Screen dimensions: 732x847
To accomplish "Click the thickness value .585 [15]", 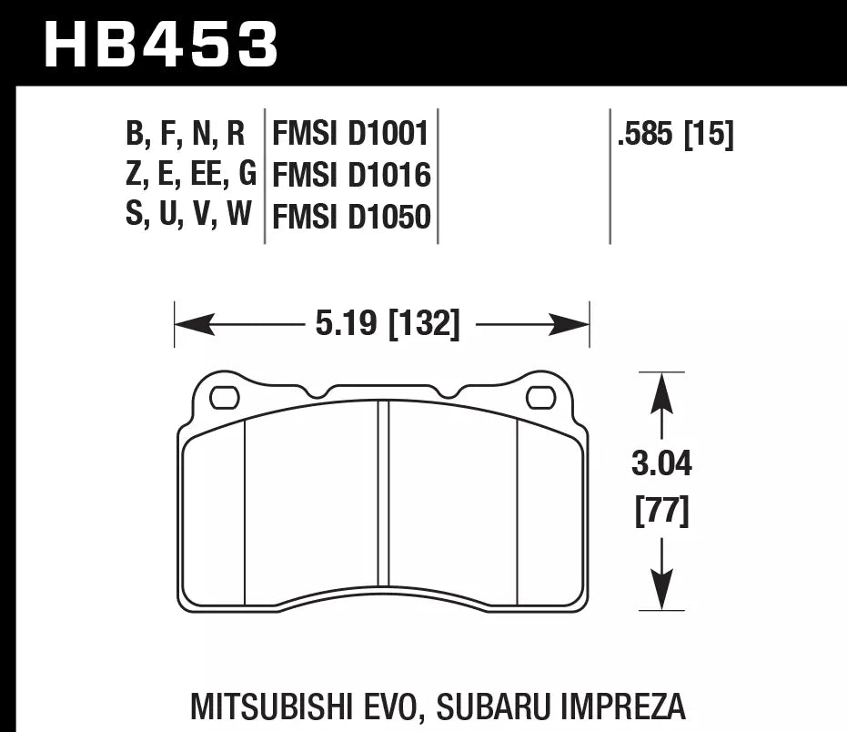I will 674,136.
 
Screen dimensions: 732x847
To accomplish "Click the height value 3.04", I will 661,465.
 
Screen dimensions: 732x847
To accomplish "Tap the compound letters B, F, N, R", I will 186,135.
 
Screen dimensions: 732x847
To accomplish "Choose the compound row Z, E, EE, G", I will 190,175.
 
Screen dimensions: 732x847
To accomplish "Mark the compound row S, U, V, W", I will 187,216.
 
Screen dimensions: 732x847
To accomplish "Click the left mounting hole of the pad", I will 225,398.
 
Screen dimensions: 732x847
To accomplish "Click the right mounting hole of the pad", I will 540,398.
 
